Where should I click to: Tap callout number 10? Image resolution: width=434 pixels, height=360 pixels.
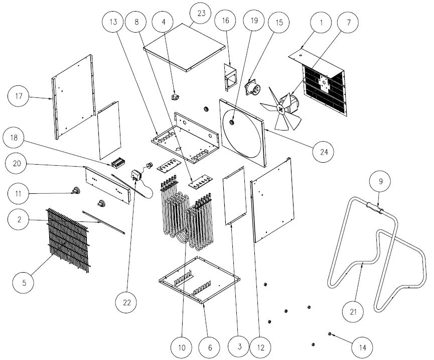point(181,346)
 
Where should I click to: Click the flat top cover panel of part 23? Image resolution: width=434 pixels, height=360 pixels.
point(184,47)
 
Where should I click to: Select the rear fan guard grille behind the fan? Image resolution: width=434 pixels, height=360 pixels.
point(325,90)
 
